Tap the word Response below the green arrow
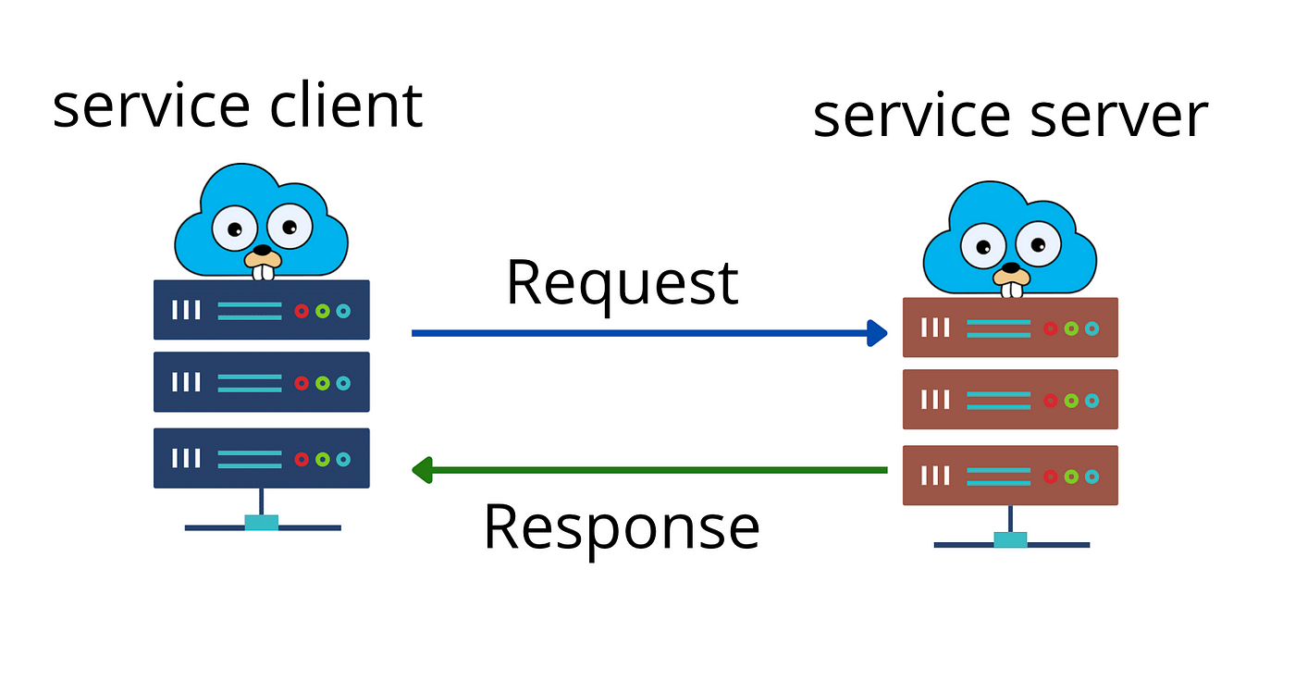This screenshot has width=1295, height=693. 622,528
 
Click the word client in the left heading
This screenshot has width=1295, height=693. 346,105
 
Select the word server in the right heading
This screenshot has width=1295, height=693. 1119,115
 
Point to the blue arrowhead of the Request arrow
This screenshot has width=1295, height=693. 877,333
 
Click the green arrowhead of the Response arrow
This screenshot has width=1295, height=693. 422,470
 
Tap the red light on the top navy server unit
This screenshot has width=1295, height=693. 302,311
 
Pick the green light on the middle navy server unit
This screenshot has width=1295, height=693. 323,383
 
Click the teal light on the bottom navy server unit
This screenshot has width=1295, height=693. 343,459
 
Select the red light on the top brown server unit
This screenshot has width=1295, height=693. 1051,328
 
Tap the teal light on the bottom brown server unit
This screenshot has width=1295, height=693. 1092,476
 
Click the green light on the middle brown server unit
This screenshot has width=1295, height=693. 1071,401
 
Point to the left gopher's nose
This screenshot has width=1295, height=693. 263,250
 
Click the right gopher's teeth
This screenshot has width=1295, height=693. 1012,290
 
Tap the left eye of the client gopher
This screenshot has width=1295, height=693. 235,228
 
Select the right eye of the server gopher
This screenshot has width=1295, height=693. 1038,243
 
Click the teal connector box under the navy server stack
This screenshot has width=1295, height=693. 261,523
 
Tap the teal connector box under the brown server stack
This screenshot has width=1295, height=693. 1010,539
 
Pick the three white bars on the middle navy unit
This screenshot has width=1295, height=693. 186,382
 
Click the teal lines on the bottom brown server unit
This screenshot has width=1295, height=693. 998,476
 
